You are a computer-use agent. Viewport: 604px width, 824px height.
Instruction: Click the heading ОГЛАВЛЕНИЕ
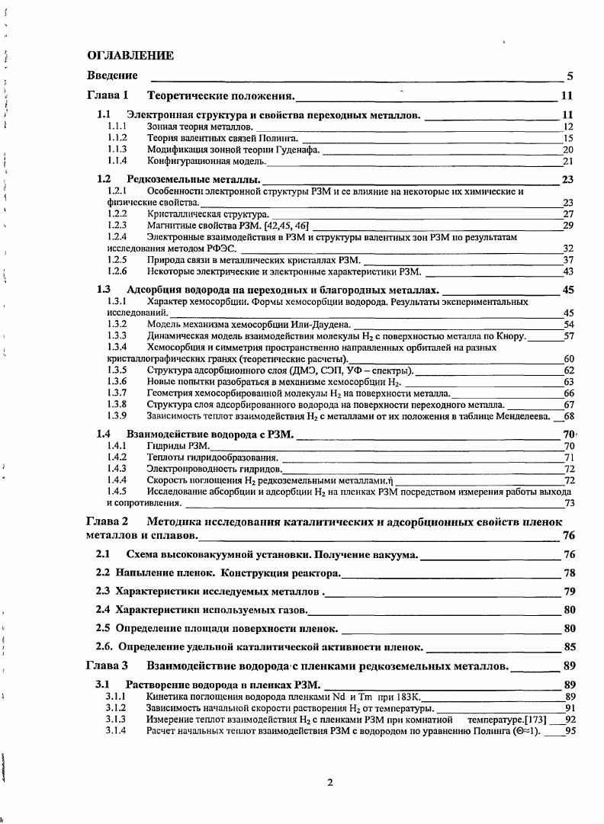coord(130,56)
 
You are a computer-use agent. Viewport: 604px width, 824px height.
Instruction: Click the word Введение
coord(112,75)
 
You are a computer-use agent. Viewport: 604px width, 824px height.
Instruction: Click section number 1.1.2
coord(117,138)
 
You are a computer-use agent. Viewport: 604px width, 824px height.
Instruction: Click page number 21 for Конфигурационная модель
coord(567,162)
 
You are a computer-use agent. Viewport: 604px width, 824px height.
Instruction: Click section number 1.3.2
coord(117,324)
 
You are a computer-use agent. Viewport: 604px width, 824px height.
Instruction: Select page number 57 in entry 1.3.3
coord(567,335)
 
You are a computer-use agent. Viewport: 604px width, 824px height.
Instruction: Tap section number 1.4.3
coord(117,468)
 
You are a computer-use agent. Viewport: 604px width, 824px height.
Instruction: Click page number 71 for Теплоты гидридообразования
coord(567,457)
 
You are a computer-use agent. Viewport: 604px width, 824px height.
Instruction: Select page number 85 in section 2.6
coord(568,647)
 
